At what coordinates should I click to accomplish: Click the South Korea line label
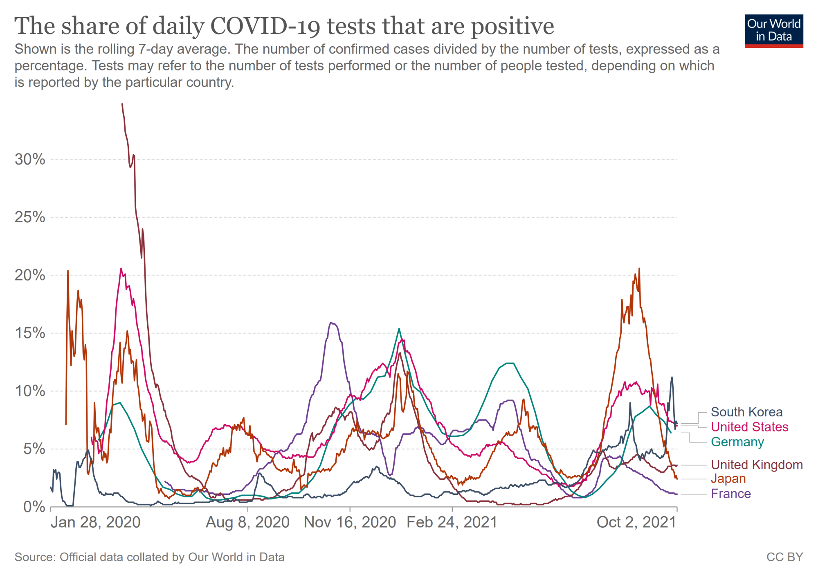(x=746, y=412)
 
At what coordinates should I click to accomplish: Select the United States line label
(x=749, y=427)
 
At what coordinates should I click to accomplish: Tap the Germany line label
(x=737, y=442)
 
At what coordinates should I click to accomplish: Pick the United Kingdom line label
(x=757, y=465)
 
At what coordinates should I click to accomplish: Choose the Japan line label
(x=728, y=479)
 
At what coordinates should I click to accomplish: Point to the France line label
(x=730, y=494)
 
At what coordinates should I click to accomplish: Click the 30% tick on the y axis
(x=30, y=159)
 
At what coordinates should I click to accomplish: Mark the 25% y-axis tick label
(x=30, y=217)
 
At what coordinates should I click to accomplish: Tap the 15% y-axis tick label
(x=30, y=333)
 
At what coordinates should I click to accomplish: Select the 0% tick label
(x=34, y=507)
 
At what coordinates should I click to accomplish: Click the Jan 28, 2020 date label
(x=95, y=522)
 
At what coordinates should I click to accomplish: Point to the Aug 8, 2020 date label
(x=247, y=522)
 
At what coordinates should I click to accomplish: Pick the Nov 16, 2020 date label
(x=350, y=522)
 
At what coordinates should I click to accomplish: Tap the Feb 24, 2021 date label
(x=452, y=522)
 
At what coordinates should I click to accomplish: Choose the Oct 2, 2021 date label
(x=636, y=522)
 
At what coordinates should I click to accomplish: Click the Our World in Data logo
(x=774, y=31)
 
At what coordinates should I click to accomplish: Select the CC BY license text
(x=784, y=557)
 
